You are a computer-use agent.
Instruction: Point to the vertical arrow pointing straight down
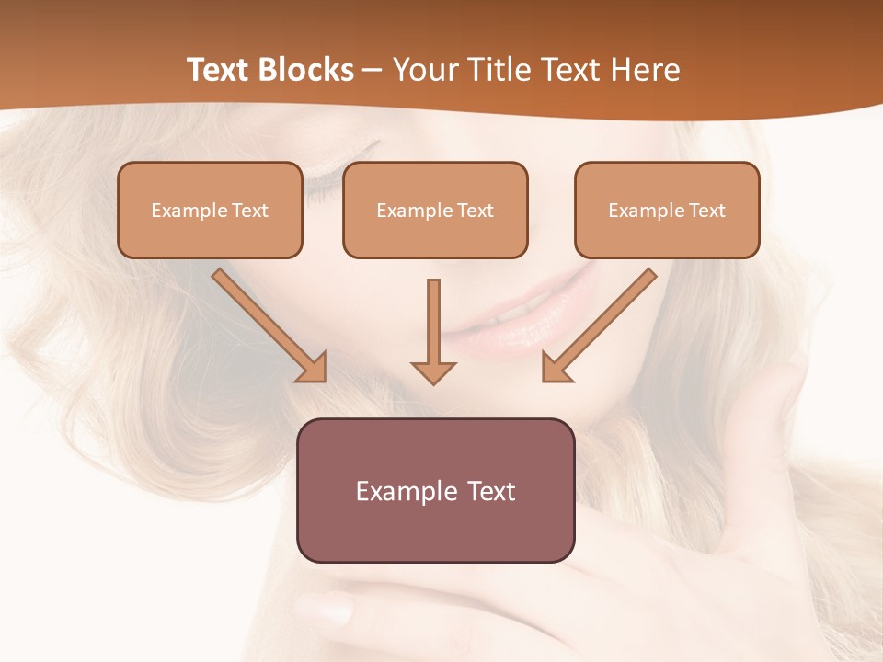[433, 332]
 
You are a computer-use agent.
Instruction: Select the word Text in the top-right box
[707, 211]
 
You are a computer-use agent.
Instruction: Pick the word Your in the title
[427, 70]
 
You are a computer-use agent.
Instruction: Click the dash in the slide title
[373, 71]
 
